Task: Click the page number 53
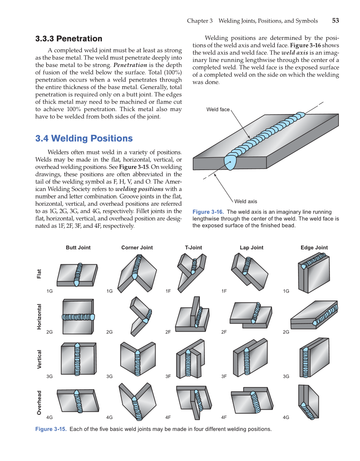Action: pyautogui.click(x=335, y=21)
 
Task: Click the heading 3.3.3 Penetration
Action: pyautogui.click(x=68, y=39)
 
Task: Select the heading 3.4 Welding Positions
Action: pyautogui.click(x=84, y=138)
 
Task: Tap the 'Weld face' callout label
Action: pyautogui.click(x=218, y=109)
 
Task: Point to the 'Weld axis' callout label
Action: pyautogui.click(x=246, y=201)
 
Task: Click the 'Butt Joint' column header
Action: pyautogui.click(x=78, y=248)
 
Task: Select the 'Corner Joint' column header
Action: pyautogui.click(x=137, y=248)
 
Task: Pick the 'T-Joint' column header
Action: pyautogui.click(x=193, y=248)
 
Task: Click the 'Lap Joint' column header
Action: pyautogui.click(x=251, y=248)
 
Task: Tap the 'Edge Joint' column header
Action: pyautogui.click(x=314, y=248)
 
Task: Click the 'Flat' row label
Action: pyautogui.click(x=39, y=274)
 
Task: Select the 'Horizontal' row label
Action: pyautogui.click(x=39, y=316)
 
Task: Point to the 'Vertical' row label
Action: pyautogui.click(x=39, y=359)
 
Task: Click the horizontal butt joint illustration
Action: pyautogui.click(x=78, y=317)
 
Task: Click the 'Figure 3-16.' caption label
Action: pyautogui.click(x=208, y=212)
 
